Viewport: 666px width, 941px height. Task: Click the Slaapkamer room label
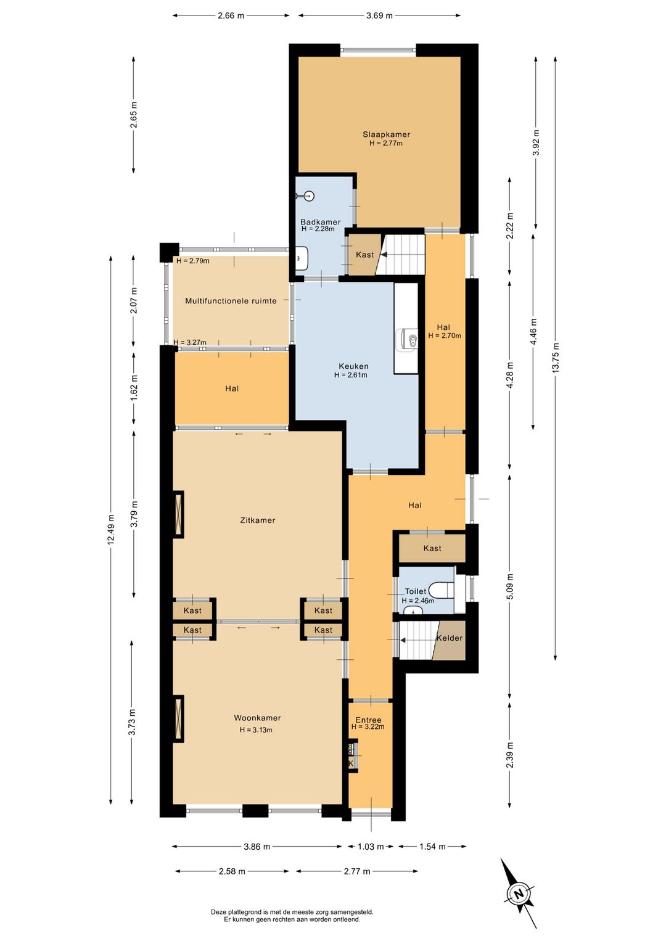(x=386, y=134)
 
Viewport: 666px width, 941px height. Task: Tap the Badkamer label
(x=320, y=222)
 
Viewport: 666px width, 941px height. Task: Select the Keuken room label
(x=353, y=366)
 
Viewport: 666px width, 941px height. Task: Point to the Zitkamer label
(x=258, y=520)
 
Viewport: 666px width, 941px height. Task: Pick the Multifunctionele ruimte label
(x=231, y=301)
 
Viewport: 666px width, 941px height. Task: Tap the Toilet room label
(x=416, y=591)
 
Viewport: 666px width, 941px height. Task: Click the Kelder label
(x=449, y=638)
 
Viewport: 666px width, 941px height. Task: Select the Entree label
(x=369, y=720)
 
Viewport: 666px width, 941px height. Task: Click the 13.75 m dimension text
(x=556, y=358)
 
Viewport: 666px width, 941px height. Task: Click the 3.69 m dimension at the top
(x=379, y=16)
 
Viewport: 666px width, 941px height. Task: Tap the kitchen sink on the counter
(x=407, y=339)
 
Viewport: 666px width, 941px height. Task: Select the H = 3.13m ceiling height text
(x=256, y=729)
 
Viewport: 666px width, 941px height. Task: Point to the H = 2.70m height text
(x=445, y=335)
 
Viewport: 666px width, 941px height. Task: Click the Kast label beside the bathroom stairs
(x=364, y=255)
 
